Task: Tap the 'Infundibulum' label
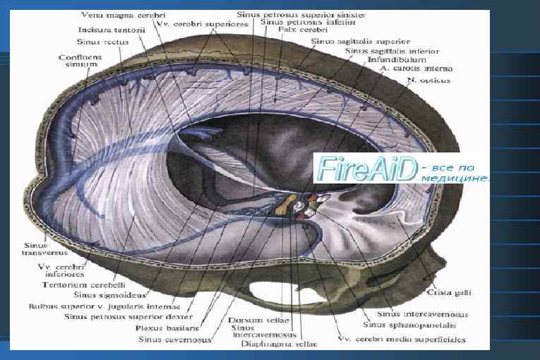coord(391,60)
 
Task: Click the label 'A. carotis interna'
coord(416,69)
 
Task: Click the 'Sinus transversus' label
coord(32,248)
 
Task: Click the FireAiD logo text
coord(367,169)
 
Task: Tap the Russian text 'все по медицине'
coord(453,174)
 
